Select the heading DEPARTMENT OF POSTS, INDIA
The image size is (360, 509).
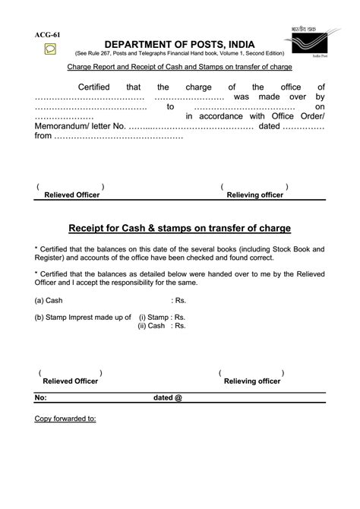[x=180, y=45]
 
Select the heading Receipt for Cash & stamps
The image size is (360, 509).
[x=180, y=228]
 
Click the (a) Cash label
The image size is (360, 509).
[x=49, y=301]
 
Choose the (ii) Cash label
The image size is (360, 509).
[x=152, y=325]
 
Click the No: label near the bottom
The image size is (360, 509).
[x=41, y=397]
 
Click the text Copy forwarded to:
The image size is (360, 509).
[x=65, y=419]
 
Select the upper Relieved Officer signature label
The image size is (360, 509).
[x=72, y=195]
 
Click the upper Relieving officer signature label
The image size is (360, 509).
[x=255, y=195]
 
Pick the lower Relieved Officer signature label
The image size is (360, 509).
[x=71, y=381]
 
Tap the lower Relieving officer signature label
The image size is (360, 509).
[x=252, y=381]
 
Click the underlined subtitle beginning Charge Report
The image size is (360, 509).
[x=180, y=67]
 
